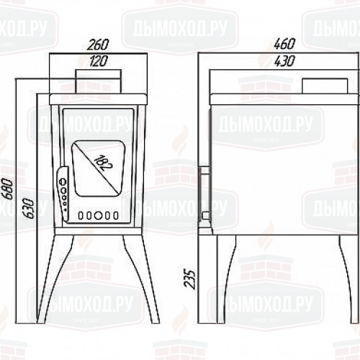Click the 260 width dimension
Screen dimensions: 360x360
pos(98,45)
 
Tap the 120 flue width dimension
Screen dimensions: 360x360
pos(99,61)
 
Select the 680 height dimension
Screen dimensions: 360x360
pos(9,189)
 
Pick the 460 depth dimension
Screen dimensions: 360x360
pos(284,44)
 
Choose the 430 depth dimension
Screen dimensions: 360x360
pos(284,61)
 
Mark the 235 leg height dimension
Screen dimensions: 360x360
pos(189,279)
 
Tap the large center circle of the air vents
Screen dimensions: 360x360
pos(98,215)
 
